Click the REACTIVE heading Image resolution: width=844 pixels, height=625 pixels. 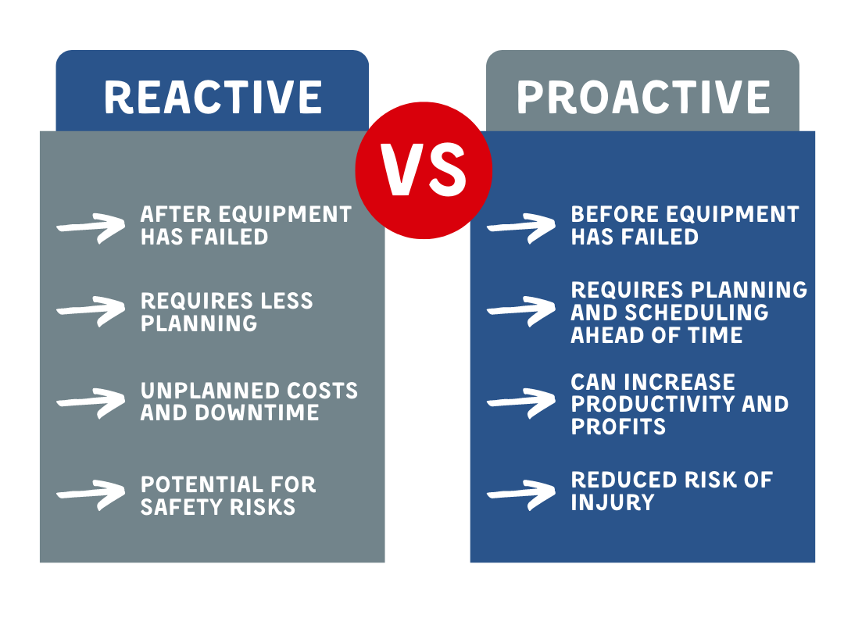click(213, 98)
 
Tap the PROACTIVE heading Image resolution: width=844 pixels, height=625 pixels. click(643, 98)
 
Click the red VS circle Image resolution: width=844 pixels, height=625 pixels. click(424, 170)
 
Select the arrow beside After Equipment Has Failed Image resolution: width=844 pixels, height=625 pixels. click(91, 227)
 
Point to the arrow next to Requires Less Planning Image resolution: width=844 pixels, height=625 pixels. click(91, 311)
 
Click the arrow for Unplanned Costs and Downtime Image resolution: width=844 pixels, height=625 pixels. click(91, 402)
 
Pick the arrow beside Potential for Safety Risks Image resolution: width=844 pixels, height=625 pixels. click(91, 495)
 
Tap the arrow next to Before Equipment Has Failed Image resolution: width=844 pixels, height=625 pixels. click(521, 227)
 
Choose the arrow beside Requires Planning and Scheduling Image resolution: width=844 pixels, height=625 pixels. click(521, 311)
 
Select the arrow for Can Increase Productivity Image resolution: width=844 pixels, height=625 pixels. click(521, 402)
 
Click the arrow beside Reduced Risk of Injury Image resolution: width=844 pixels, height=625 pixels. click(521, 495)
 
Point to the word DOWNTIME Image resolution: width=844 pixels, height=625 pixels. click(257, 413)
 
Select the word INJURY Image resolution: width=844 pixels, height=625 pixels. click(613, 502)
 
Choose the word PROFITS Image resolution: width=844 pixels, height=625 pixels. click(618, 427)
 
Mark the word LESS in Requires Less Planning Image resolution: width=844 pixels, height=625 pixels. click(286, 301)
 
